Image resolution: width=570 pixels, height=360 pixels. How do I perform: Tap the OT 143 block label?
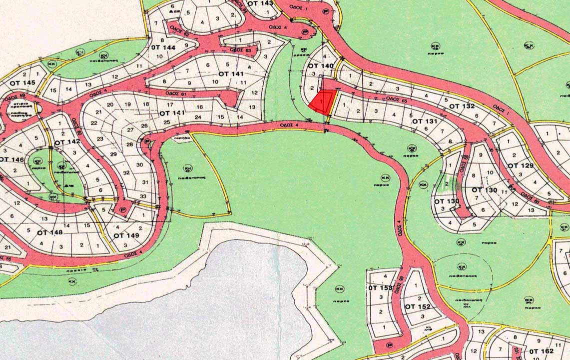click(x=260, y=3)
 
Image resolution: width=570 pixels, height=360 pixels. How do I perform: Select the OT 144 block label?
click(x=163, y=47)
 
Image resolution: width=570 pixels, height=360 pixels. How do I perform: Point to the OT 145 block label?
click(x=22, y=82)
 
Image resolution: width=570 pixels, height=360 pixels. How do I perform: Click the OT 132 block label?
click(x=461, y=106)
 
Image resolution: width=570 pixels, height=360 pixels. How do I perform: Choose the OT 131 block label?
click(x=425, y=121)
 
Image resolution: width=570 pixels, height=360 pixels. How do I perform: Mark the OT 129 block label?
click(x=520, y=165)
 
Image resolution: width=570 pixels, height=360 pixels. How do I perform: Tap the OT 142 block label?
click(x=67, y=142)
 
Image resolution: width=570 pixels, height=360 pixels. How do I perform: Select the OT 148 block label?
click(x=50, y=232)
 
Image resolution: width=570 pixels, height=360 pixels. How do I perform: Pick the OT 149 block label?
click(x=126, y=235)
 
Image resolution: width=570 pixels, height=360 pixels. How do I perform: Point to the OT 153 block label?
click(x=380, y=288)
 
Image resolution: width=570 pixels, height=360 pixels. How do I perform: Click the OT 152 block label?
click(x=417, y=306)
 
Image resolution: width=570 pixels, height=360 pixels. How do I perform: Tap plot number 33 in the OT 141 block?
click(x=143, y=196)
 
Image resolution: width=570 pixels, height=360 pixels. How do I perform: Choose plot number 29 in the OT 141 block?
click(x=113, y=154)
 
